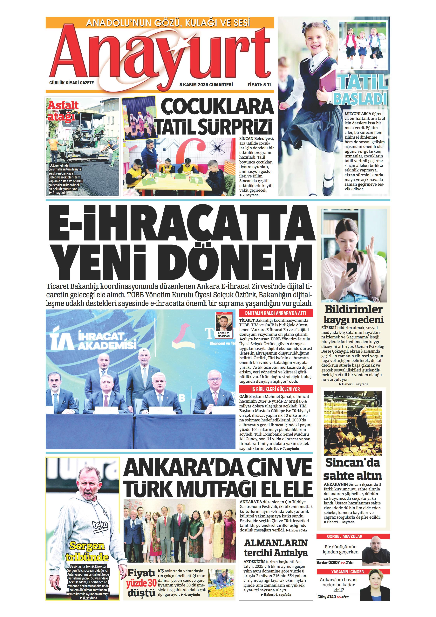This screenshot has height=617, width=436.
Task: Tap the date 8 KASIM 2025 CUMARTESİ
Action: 206,85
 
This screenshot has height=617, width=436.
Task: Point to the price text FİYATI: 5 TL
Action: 260,85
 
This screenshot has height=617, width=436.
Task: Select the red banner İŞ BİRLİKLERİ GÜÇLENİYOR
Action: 276,389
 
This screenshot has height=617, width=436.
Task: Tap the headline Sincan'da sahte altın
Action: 352,469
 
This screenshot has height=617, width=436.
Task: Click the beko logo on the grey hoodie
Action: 100,525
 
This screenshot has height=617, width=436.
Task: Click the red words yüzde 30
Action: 141,583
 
